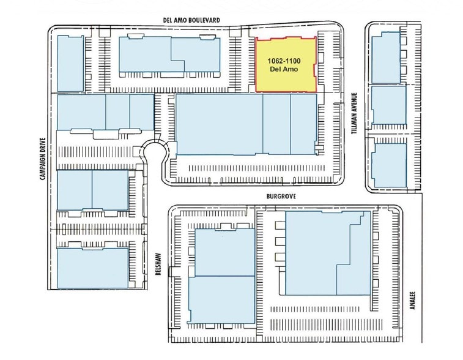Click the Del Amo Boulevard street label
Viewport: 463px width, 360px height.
tap(191, 20)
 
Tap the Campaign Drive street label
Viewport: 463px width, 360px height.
tap(43, 159)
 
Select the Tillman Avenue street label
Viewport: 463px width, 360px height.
tap(354, 113)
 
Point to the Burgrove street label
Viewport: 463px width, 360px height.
tap(281, 197)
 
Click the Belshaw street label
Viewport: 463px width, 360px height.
tap(158, 264)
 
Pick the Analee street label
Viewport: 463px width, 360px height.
tap(412, 300)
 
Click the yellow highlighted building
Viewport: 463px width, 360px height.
tap(286, 64)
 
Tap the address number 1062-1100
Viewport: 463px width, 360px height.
tap(284, 61)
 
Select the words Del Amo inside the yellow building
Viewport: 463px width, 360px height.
tap(284, 69)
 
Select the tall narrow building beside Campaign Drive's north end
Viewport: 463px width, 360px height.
tap(70, 64)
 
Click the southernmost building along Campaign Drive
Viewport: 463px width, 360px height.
tap(93, 268)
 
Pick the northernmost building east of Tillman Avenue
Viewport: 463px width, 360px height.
tap(386, 58)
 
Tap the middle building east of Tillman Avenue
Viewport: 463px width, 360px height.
tap(388, 105)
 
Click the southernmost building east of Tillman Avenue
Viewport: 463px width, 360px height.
tap(389, 165)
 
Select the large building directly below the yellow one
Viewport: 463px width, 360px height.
tap(246, 124)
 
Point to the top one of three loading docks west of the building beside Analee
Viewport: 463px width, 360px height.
tap(280, 225)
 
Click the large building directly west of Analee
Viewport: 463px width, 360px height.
tap(328, 253)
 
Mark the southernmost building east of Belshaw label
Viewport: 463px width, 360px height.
tap(221, 300)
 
